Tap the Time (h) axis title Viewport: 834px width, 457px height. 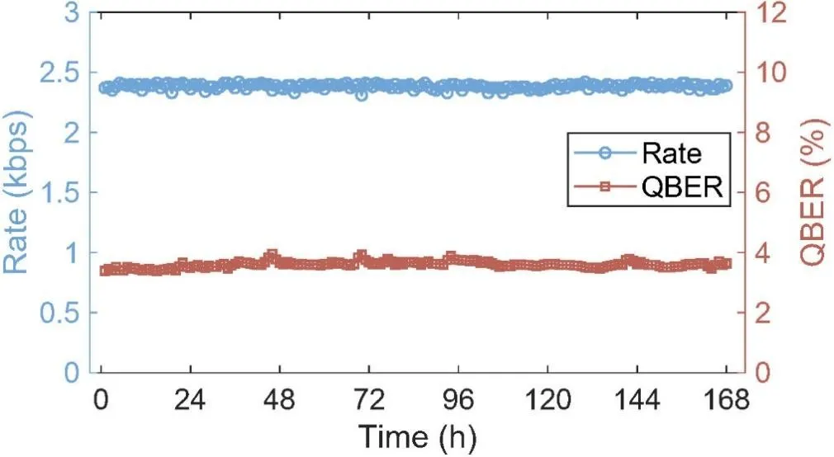tap(416, 435)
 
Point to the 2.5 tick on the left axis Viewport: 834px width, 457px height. tap(59, 73)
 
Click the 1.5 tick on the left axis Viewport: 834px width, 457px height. tap(59, 193)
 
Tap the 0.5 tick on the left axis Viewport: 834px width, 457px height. tap(59, 313)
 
